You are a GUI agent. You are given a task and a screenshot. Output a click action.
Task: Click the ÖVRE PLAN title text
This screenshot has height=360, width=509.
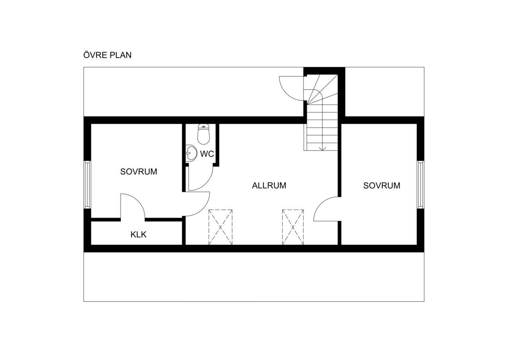[x=107, y=55]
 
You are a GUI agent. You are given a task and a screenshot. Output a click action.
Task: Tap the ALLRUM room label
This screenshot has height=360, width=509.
[x=269, y=185]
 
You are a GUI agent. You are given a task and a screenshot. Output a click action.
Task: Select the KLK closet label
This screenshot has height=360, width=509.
[x=138, y=234]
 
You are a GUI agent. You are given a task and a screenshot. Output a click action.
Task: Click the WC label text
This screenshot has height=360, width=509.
[x=207, y=154]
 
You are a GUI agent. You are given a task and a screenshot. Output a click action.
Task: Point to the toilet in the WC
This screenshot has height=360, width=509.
[x=204, y=134]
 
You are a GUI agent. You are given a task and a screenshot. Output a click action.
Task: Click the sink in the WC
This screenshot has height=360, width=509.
[x=191, y=153]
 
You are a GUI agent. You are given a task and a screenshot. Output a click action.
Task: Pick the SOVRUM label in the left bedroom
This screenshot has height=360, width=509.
[x=139, y=171]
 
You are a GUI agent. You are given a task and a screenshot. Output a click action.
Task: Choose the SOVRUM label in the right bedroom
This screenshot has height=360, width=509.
[x=382, y=185]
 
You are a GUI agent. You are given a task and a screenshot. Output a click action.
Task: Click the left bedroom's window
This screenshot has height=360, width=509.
[x=87, y=185]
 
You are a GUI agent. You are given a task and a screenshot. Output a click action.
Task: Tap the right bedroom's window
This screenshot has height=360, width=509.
[x=421, y=185]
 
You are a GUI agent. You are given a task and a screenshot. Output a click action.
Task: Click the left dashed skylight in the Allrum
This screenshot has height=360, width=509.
[x=220, y=227]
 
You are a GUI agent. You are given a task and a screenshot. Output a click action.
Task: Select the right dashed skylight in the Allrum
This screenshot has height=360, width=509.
[x=293, y=227]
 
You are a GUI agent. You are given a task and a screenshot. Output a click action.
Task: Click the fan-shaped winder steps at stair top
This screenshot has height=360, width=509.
[x=321, y=90]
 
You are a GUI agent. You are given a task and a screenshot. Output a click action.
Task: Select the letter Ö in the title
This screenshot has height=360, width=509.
[x=87, y=55]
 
